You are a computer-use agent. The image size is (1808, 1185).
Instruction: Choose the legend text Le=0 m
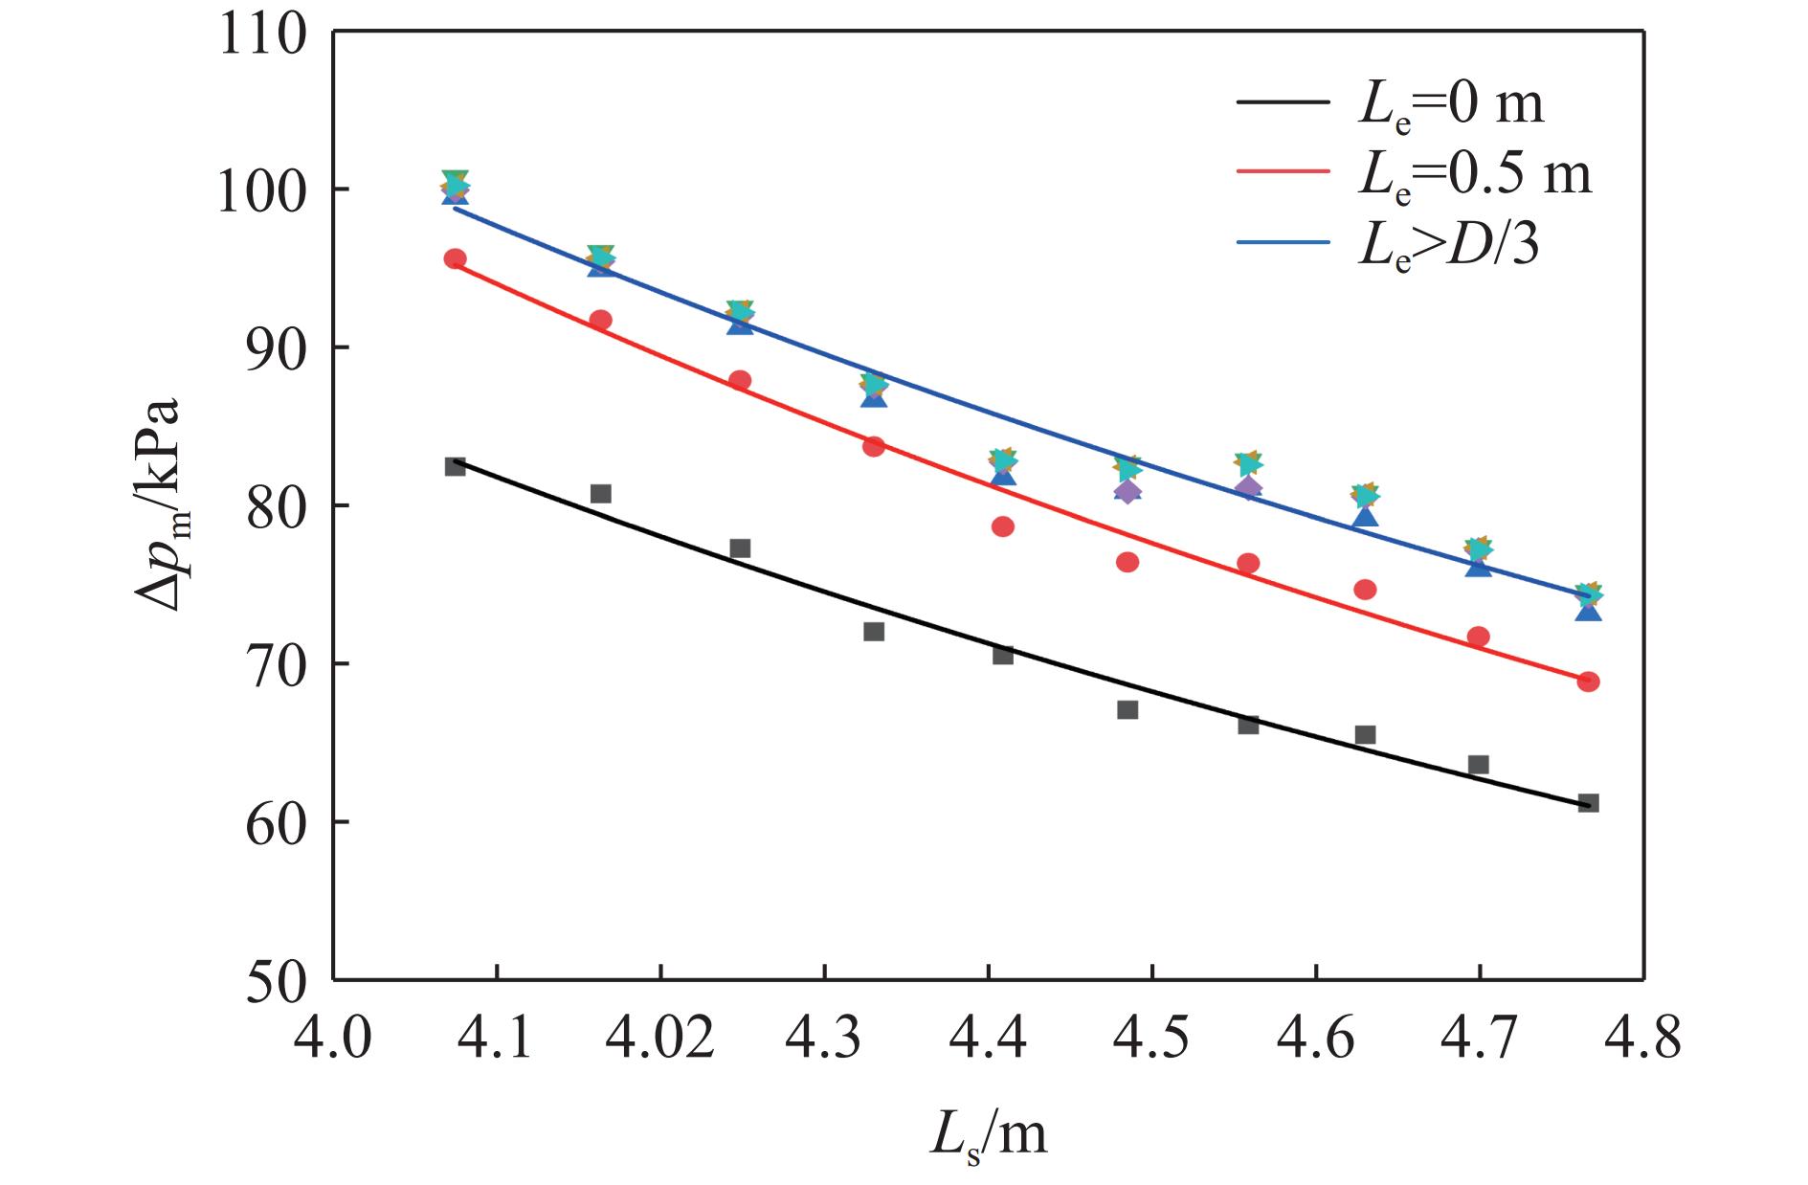(x=1451, y=104)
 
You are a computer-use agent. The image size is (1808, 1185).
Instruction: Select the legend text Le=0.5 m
(x=1475, y=174)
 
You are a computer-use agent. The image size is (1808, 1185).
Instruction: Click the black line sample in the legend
(x=1283, y=101)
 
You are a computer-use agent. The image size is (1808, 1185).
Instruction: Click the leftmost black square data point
(x=456, y=466)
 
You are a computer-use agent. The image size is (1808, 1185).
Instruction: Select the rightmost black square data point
(x=1589, y=803)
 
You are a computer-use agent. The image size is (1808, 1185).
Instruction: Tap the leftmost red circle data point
(x=456, y=258)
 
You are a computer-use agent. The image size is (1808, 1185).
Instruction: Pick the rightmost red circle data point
(x=1589, y=682)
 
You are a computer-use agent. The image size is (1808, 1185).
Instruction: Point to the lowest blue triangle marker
(x=1589, y=610)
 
